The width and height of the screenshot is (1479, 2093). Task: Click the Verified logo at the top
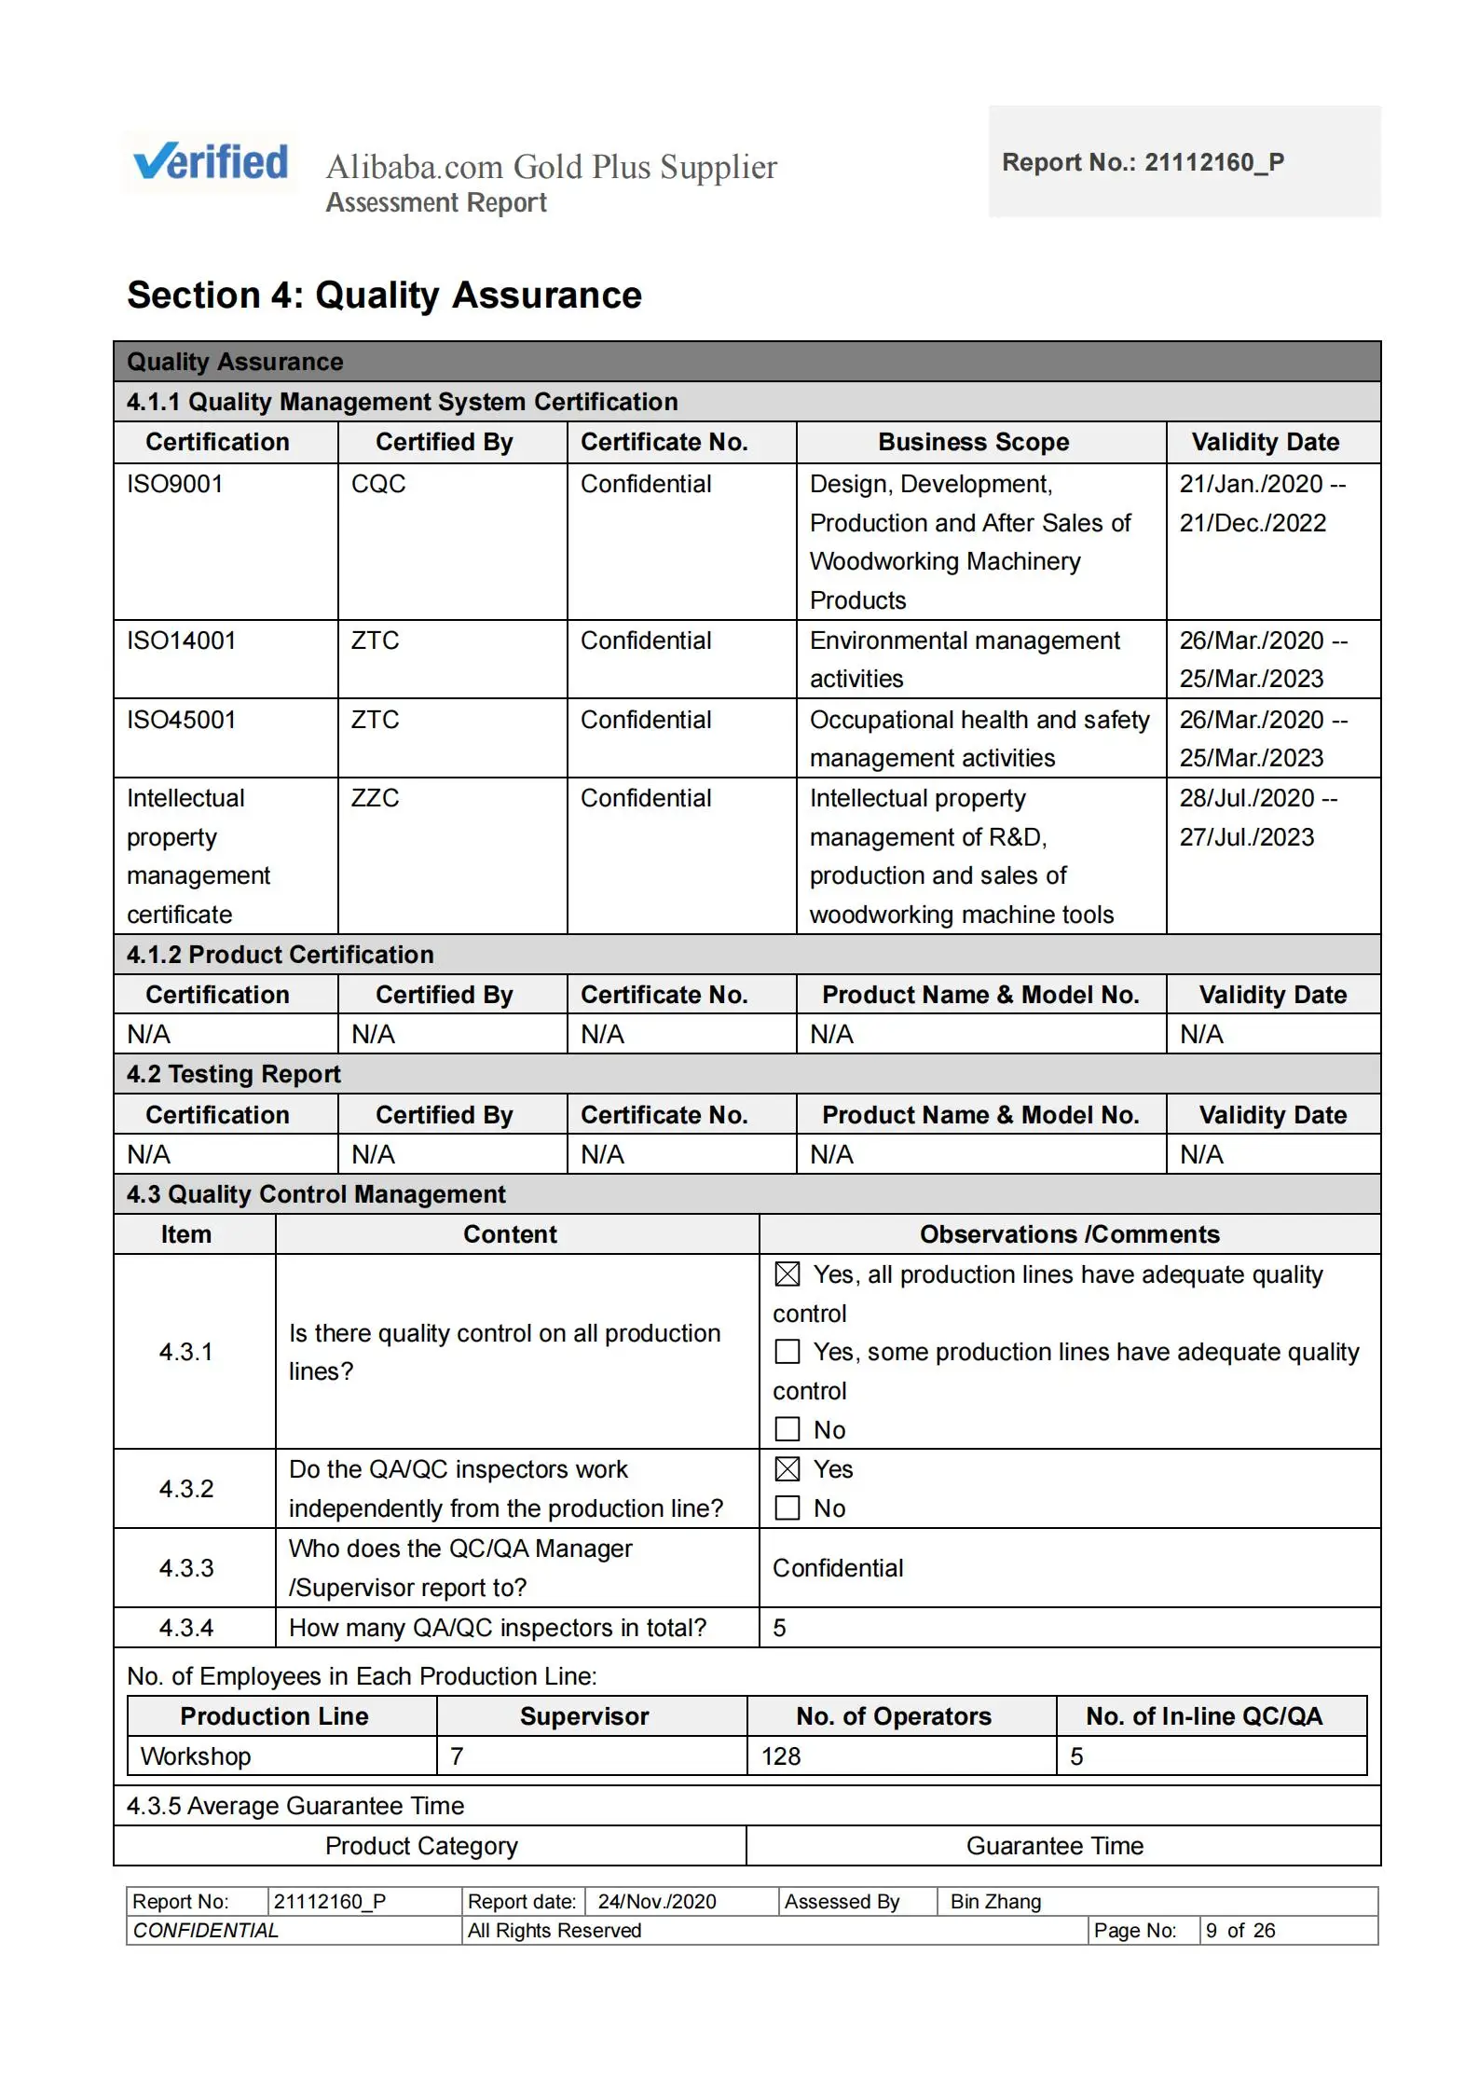[211, 162]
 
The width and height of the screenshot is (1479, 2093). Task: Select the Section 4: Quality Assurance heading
[384, 296]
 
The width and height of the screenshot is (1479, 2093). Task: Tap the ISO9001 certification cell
[175, 484]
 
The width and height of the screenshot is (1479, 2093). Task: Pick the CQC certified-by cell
[378, 484]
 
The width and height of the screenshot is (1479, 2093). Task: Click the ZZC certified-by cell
[375, 798]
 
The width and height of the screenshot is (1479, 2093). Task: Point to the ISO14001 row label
[182, 640]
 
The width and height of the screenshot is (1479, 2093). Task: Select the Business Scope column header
[973, 442]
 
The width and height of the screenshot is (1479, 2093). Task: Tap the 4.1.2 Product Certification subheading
[281, 955]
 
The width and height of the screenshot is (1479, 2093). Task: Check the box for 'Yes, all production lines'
[787, 1274]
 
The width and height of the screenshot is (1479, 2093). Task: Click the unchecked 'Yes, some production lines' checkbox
[787, 1351]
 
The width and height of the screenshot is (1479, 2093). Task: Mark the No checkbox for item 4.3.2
[787, 1508]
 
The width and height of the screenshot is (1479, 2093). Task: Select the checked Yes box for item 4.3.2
[787, 1469]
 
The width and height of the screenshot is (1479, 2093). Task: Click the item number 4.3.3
[186, 1568]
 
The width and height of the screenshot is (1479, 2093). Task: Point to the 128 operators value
[781, 1756]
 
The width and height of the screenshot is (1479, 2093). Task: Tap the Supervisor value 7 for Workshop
[457, 1756]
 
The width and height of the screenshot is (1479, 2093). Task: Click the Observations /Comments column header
[1069, 1234]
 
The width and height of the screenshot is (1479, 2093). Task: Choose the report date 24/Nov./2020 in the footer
[657, 1901]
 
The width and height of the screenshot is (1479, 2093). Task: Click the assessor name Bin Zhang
[995, 1901]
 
